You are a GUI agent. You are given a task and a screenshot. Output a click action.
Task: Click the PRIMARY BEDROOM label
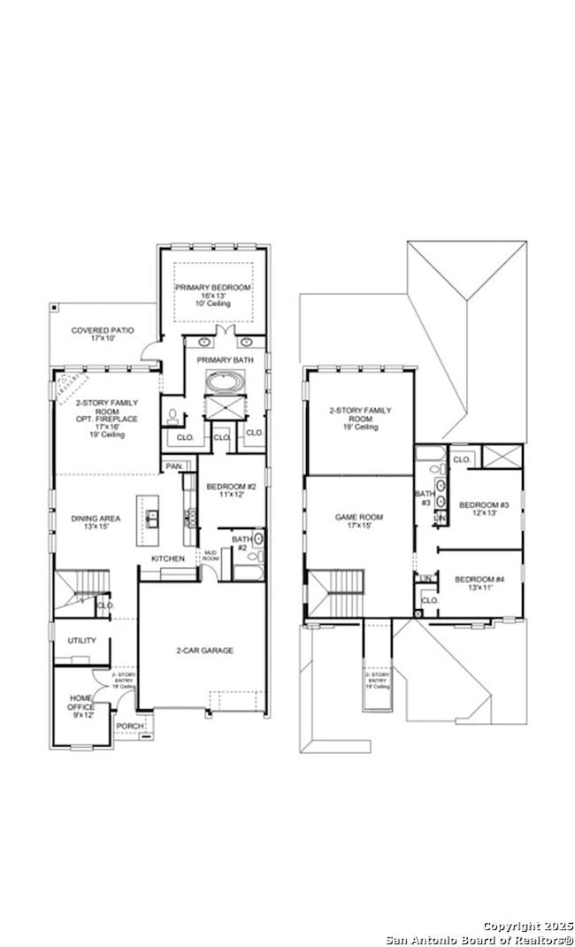coord(212,289)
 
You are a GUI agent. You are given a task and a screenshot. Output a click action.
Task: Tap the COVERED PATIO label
coord(103,330)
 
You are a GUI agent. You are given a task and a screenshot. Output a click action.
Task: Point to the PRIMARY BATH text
coord(225,360)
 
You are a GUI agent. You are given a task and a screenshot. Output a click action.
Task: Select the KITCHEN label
coord(168,558)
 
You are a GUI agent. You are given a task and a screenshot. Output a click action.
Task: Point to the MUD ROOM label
coord(211,557)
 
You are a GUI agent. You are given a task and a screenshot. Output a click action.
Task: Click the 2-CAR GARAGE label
coord(203,651)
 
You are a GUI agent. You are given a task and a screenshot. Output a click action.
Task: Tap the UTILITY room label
coord(81,640)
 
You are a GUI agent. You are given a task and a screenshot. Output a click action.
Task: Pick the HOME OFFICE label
coord(80,703)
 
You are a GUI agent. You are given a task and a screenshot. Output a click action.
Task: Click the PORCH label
coord(129,727)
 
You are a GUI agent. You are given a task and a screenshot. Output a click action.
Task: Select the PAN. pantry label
coord(173,466)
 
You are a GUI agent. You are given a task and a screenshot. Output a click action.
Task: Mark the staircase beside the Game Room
coord(336,593)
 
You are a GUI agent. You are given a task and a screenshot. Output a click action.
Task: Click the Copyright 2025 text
coord(528,925)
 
